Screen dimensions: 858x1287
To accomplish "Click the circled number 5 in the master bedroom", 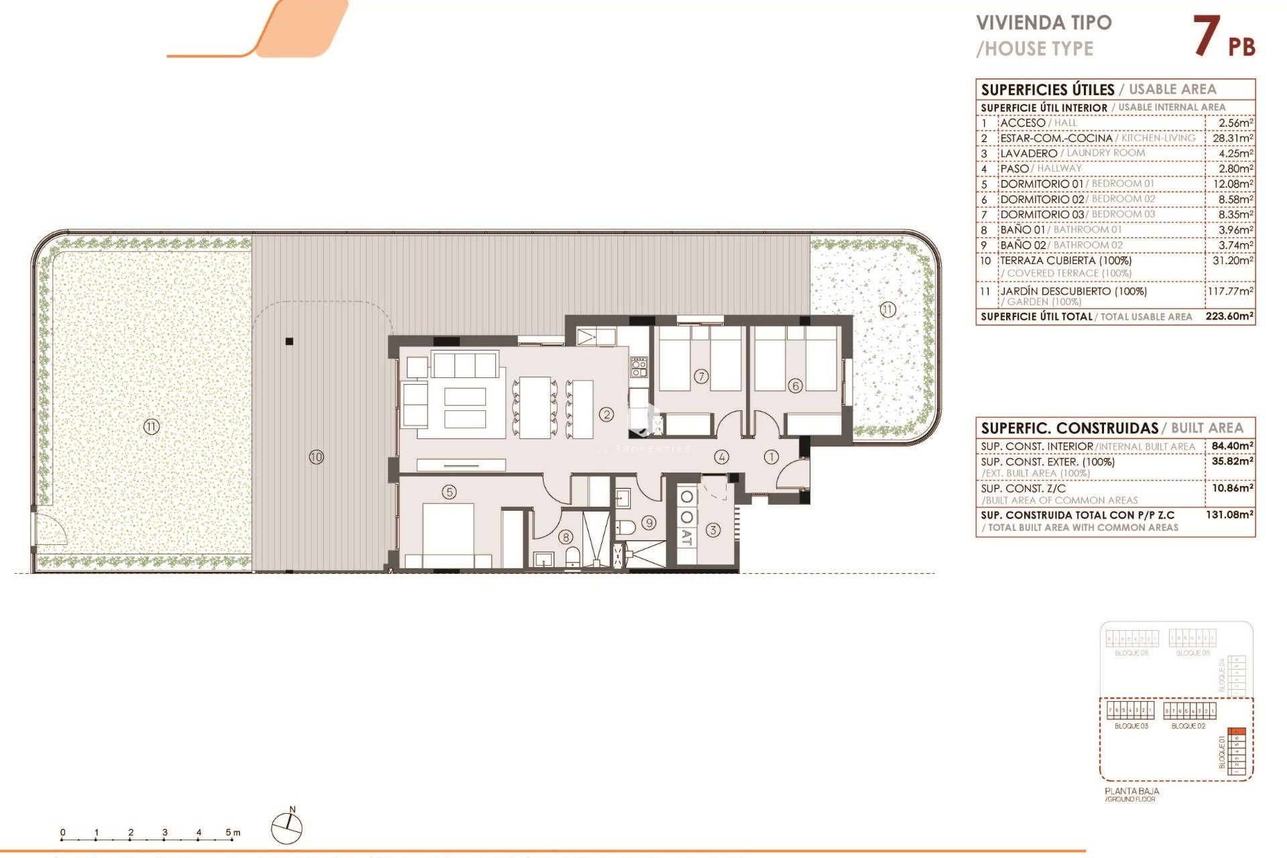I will point(449,492).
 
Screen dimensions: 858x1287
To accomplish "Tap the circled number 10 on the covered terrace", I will point(316,457).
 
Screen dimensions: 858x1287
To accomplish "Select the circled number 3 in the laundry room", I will point(713,530).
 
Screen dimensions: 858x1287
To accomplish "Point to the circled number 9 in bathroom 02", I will point(649,523).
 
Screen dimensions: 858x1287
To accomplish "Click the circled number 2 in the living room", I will point(607,414).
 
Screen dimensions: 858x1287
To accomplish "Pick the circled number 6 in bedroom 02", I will point(795,385).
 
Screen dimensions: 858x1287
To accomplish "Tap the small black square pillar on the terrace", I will point(290,341).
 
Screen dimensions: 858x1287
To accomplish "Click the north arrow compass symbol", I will point(287,829).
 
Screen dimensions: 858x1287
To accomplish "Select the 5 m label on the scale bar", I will point(232,832).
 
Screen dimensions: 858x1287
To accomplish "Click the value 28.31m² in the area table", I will point(1232,138).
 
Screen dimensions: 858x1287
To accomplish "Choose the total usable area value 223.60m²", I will point(1229,316).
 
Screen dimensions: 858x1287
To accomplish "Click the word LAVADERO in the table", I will point(1028,154).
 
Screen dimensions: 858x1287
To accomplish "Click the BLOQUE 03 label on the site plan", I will point(1131,726).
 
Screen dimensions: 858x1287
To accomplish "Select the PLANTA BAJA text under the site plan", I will point(1131,791).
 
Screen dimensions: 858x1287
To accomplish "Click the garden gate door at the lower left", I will point(50,530).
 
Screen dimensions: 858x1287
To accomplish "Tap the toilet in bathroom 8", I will point(572,556).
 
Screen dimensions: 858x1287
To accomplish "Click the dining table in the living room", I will point(535,408).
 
